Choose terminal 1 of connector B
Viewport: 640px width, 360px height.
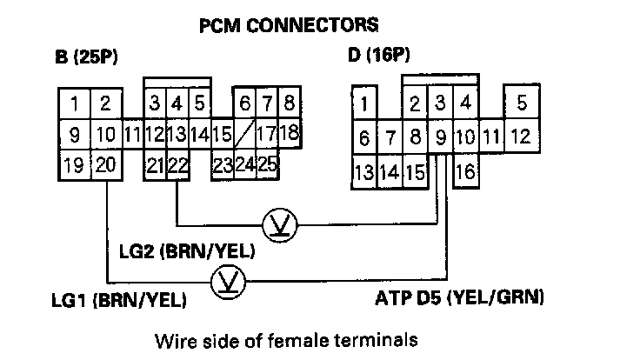75,105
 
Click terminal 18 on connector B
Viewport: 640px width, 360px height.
290,135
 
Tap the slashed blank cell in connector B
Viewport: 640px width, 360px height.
245,135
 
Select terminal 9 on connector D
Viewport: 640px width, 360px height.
441,137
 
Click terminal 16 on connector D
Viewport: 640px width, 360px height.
465,171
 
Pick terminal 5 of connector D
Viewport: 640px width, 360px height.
521,103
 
